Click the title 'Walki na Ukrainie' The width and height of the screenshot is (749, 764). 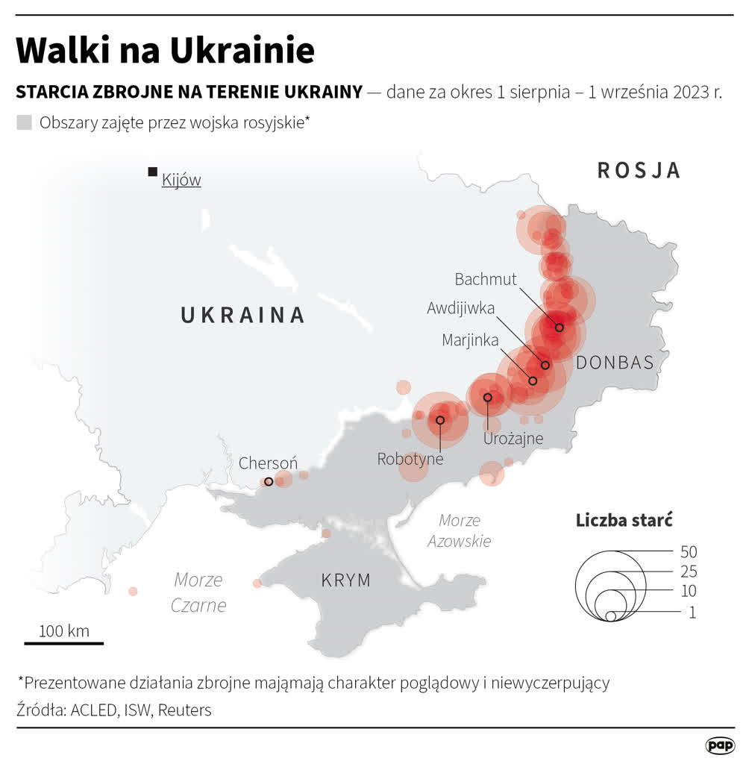165,51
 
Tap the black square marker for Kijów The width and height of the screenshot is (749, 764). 152,172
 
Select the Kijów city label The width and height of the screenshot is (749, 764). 181,180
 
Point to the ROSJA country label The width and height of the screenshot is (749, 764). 639,170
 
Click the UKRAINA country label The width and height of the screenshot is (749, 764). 243,315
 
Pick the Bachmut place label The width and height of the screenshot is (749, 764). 486,279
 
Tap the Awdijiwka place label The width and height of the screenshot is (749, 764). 460,308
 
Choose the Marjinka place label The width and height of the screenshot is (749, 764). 470,340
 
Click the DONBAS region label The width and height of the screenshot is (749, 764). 615,363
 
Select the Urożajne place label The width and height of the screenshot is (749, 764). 513,438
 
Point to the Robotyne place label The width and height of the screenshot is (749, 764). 410,459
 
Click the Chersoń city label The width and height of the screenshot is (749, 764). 268,463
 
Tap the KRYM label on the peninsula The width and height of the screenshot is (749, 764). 345,580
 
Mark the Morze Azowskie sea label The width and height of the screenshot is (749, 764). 459,530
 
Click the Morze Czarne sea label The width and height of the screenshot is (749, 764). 198,592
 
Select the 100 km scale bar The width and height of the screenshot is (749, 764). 64,642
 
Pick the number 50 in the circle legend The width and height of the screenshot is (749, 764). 688,552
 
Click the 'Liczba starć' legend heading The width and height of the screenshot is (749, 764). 624,520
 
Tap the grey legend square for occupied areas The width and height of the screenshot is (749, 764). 25,123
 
